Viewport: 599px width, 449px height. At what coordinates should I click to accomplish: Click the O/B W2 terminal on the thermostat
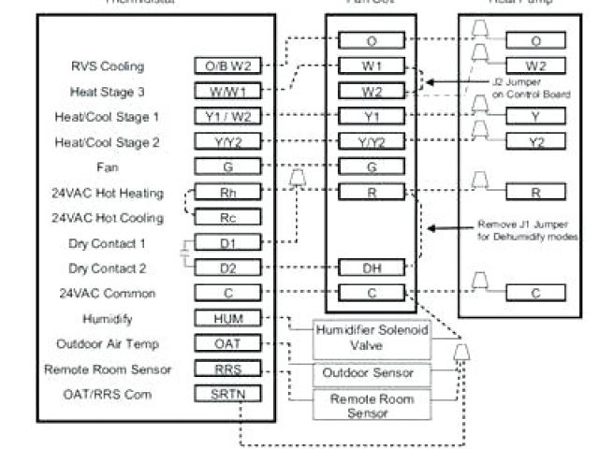point(228,66)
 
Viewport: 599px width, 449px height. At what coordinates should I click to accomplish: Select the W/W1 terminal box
point(228,92)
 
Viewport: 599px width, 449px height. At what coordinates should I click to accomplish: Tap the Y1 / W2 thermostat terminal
point(228,117)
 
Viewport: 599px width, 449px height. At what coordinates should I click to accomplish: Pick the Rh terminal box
point(228,193)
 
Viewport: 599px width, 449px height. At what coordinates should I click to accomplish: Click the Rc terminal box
point(228,218)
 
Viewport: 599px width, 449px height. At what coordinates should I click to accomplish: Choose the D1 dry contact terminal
point(228,243)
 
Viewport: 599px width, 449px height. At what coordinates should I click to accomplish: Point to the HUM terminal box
point(228,319)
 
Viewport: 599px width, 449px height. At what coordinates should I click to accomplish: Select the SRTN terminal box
point(228,394)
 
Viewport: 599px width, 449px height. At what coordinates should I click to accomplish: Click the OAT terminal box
point(228,343)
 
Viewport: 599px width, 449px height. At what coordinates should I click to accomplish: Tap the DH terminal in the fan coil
point(372,268)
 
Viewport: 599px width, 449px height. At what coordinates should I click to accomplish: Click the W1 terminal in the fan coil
point(372,66)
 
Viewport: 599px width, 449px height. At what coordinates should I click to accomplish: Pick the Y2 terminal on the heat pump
point(535,141)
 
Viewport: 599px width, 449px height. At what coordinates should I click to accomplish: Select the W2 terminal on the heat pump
point(535,66)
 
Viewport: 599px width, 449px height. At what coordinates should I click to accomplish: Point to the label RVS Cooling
point(107,67)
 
